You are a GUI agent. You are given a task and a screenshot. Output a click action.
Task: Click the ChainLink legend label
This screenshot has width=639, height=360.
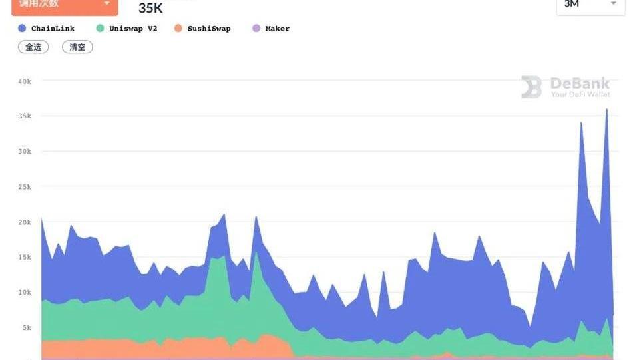click(53, 29)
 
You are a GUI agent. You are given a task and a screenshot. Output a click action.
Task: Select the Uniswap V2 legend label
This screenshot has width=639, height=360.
click(133, 29)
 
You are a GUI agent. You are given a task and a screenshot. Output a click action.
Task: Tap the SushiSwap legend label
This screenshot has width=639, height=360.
click(209, 29)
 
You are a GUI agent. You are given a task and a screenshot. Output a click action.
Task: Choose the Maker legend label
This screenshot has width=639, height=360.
click(277, 29)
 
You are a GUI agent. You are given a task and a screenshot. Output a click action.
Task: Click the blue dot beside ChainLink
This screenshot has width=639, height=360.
click(22, 29)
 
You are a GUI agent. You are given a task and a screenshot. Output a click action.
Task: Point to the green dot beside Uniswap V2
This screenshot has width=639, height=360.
click(100, 29)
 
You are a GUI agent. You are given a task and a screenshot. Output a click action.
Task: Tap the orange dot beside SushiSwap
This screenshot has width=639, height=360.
click(178, 29)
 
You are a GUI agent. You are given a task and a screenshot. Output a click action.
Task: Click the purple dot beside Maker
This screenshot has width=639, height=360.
click(256, 29)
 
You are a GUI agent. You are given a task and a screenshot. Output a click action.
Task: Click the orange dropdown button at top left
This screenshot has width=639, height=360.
click(65, 5)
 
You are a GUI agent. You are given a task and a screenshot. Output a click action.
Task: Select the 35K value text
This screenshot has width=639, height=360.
click(150, 9)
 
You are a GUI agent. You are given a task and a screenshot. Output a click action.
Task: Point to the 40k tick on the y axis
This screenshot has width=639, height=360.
click(25, 81)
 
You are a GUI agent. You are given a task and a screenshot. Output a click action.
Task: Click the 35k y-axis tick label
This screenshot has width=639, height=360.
click(25, 116)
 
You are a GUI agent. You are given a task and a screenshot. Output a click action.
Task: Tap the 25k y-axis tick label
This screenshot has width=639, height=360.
click(25, 187)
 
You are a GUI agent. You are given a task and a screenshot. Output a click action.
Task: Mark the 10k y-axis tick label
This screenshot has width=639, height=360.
click(25, 293)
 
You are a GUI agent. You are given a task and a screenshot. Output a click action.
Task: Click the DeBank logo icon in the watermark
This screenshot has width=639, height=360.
click(531, 87)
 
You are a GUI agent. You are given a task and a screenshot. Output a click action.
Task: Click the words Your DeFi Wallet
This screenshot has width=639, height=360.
click(580, 95)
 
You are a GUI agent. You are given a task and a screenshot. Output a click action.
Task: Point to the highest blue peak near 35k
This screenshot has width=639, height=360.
click(606, 110)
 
